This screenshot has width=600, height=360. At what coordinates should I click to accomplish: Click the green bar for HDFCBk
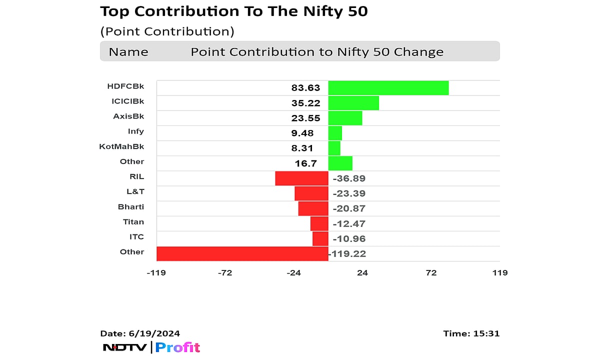(x=388, y=88)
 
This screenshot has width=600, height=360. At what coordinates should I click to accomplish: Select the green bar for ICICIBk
(x=353, y=103)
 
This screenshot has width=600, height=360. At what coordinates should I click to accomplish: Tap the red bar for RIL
(x=301, y=178)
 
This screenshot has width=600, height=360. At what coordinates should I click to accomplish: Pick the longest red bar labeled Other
(x=242, y=253)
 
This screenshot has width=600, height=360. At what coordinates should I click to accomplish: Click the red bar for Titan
(x=319, y=223)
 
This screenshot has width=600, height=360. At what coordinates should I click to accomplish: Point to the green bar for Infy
(x=335, y=133)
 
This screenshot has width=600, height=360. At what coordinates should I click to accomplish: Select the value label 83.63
(x=305, y=88)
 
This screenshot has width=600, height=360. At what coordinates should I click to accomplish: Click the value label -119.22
(x=347, y=254)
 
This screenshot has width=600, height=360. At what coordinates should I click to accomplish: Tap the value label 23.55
(x=305, y=118)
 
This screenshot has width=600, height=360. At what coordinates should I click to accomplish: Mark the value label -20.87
(x=348, y=208)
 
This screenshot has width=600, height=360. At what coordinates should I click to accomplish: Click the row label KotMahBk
(x=121, y=146)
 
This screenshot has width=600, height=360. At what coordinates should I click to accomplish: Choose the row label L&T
(x=135, y=191)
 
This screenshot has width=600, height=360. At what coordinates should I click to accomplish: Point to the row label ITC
(x=136, y=236)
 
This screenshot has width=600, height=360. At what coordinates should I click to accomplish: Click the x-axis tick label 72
(x=431, y=272)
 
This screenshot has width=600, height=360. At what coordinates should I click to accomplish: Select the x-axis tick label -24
(x=293, y=272)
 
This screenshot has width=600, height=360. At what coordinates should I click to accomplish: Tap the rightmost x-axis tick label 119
(x=499, y=272)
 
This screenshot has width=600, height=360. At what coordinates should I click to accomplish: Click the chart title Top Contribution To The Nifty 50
(x=234, y=11)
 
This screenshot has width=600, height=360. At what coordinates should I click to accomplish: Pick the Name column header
(x=128, y=52)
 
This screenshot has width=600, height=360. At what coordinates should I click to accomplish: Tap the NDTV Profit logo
(x=151, y=347)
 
